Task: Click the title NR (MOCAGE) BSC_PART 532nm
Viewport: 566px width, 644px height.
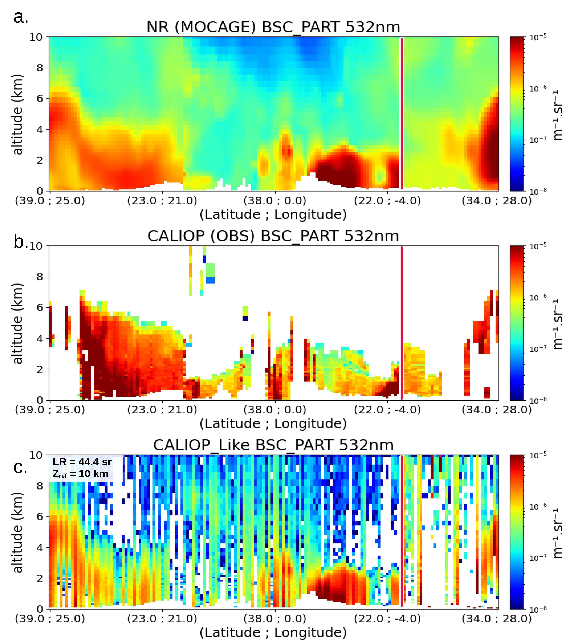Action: (x=273, y=27)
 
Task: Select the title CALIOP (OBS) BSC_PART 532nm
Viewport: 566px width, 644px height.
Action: (x=273, y=236)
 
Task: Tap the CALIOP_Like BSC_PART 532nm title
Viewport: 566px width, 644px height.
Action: (x=273, y=445)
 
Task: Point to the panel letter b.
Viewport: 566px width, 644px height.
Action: (x=20, y=242)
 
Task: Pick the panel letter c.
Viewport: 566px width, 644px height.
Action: (x=20, y=467)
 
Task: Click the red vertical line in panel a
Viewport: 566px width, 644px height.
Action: (x=402, y=113)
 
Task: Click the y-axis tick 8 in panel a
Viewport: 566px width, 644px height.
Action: (x=39, y=68)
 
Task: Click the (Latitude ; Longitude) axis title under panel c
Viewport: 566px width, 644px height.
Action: (x=273, y=632)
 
